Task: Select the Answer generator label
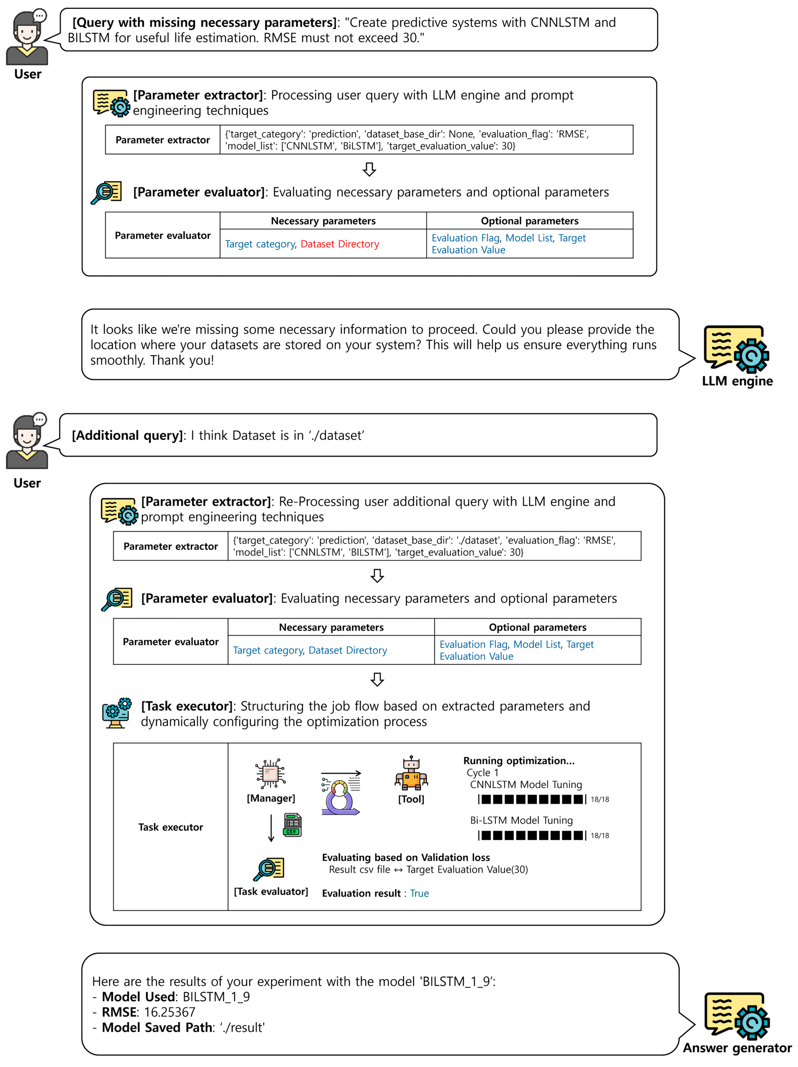coord(737,1048)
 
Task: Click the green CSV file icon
coord(292,825)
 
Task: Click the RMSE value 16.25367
coord(169,1012)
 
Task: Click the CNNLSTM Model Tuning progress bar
coord(532,799)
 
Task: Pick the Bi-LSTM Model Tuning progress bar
coord(532,835)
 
